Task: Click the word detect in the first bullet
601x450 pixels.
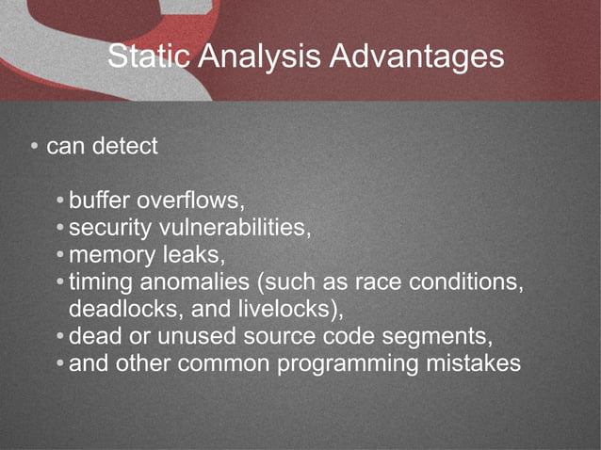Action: [125, 147]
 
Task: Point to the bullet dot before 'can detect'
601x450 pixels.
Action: [33, 148]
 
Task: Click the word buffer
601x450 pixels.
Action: [100, 201]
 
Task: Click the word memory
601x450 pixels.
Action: [113, 254]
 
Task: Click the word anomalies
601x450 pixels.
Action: [187, 281]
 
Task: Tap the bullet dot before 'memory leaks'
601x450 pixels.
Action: [60, 255]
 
